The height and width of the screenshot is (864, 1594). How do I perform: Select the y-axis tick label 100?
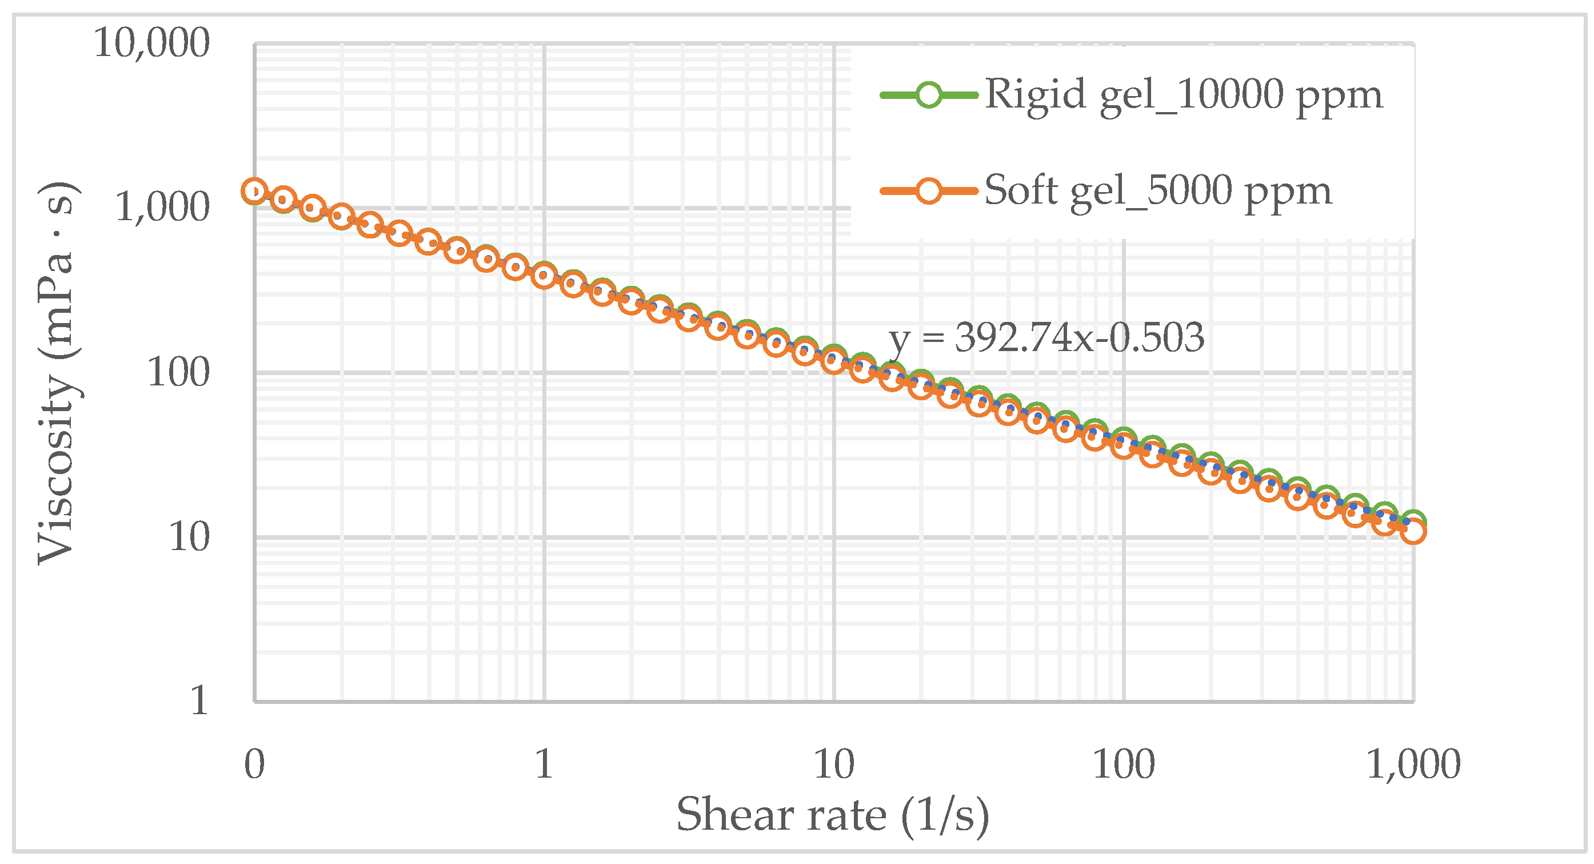178,373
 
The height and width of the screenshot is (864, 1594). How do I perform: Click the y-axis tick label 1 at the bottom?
199,701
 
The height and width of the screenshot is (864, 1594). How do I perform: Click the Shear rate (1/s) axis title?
832,816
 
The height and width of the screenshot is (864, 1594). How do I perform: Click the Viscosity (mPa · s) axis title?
57,373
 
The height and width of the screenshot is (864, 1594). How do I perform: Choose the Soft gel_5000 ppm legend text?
1157,190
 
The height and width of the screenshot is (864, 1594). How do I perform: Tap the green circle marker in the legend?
929,95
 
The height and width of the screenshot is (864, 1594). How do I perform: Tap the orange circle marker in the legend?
929,190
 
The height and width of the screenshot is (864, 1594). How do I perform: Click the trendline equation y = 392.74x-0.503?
1046,339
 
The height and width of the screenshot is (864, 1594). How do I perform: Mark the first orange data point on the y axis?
254,191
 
